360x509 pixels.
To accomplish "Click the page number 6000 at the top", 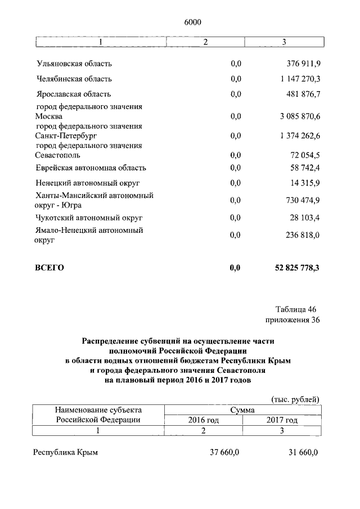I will click(192, 22).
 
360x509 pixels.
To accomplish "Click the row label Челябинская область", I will click(73, 79).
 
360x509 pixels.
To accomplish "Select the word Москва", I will click(48, 116).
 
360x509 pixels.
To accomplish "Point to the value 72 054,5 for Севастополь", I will click(304, 155).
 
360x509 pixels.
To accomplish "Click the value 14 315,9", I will click(304, 183).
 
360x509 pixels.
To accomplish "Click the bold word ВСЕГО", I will click(49, 268).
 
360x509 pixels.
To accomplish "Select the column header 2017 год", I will click(282, 420).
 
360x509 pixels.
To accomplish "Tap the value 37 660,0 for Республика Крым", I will click(224, 453).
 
